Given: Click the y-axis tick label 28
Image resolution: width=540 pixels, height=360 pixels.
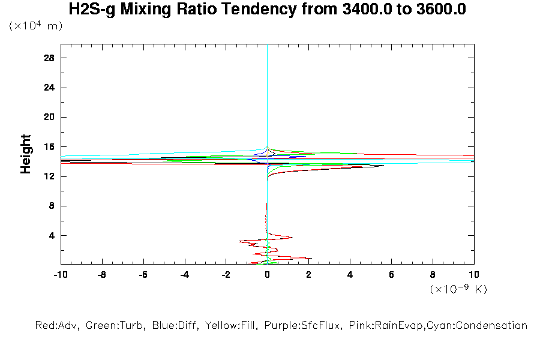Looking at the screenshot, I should (50, 58).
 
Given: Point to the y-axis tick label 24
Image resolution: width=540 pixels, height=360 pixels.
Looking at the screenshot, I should (50, 88).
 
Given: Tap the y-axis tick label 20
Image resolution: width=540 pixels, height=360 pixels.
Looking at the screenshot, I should (50, 117).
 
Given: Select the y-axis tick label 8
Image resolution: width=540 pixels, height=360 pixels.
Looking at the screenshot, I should (53, 206).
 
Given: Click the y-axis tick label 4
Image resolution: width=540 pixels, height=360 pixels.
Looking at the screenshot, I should (53, 235).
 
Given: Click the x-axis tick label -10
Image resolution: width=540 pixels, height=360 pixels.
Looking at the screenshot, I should (60, 275).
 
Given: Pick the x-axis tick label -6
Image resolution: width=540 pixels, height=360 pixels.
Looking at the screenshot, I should (143, 275).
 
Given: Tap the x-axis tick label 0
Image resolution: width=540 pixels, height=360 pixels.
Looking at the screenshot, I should (268, 275).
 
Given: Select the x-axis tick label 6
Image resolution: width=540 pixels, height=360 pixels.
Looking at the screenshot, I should (391, 275).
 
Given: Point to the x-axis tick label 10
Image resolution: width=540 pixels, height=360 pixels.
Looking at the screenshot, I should (474, 275).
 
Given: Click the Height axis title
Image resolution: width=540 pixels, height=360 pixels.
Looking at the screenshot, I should (26, 154).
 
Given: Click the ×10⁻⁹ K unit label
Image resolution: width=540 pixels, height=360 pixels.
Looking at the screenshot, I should (458, 289).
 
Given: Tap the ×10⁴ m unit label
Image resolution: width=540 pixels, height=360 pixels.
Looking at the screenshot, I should (35, 26).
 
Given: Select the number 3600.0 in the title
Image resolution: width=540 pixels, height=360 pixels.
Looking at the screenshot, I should (441, 10).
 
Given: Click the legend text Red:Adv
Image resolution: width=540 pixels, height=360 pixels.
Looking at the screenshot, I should (58, 326).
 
